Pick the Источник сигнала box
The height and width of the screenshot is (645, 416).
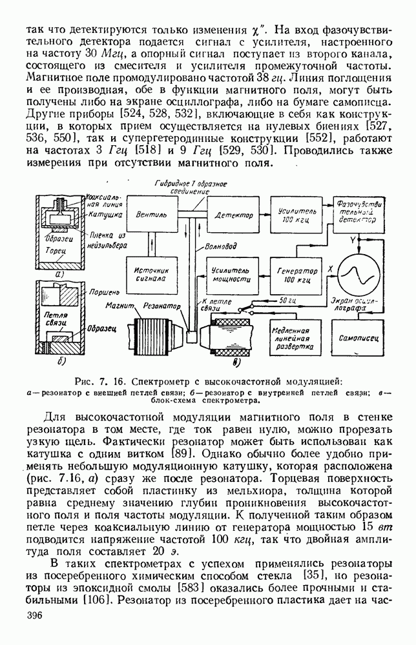pos(150,276)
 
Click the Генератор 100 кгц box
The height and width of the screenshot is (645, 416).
pos(296,275)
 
